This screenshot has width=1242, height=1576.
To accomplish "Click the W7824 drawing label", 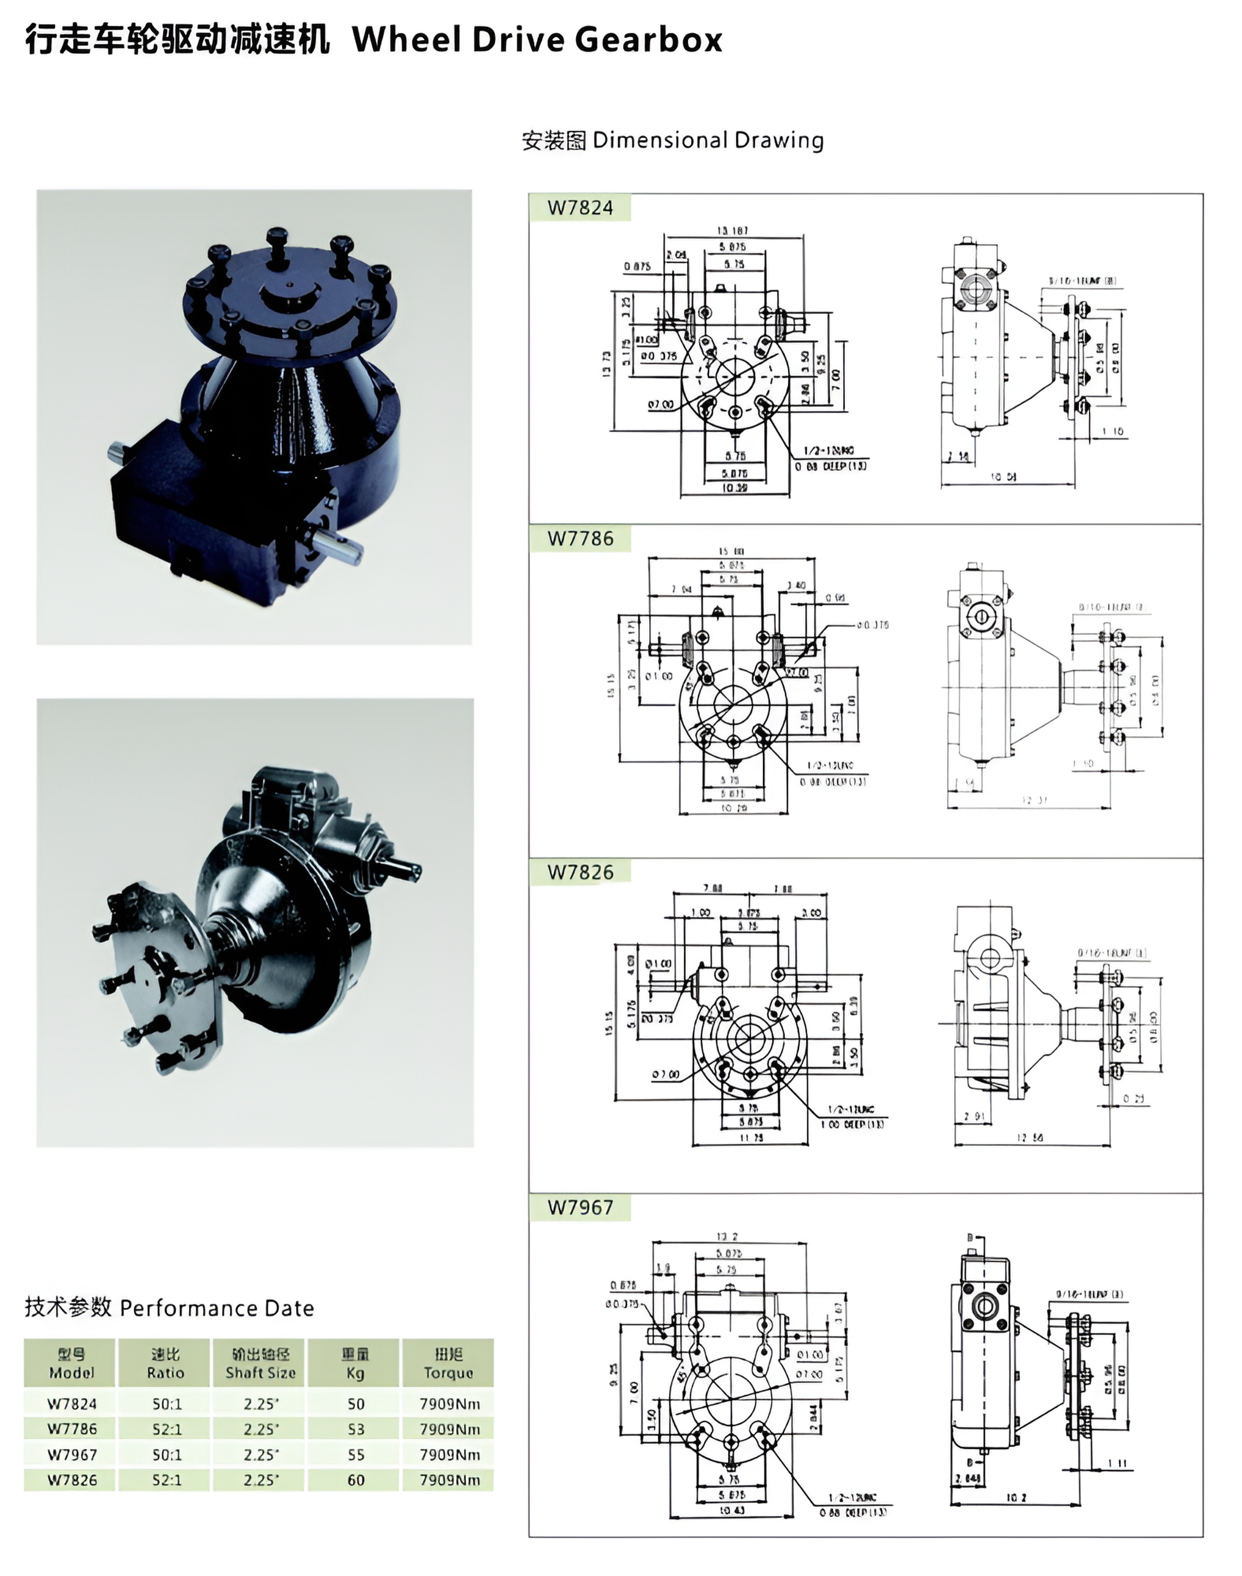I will (580, 208).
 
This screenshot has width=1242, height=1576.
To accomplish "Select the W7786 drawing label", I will (580, 539).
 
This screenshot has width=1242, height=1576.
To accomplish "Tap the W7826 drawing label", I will (580, 872).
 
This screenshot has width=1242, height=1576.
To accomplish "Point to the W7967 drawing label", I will (580, 1207).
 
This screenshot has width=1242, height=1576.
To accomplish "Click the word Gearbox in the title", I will (649, 39).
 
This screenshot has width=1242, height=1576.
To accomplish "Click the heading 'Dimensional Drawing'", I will (707, 140).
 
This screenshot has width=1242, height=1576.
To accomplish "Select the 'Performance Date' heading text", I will (217, 1308).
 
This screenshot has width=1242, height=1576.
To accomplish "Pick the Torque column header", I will (448, 1363).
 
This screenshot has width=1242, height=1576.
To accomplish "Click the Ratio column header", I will (165, 1363).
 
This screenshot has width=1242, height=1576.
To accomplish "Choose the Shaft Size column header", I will (260, 1363).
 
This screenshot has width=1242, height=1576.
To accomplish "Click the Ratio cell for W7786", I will (166, 1429).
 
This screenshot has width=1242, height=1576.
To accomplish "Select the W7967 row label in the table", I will (71, 1454).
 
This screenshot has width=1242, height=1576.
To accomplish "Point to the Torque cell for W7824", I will (449, 1404).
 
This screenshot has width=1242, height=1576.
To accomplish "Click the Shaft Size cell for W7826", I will (260, 1480).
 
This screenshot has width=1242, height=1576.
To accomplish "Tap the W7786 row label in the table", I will (71, 1429).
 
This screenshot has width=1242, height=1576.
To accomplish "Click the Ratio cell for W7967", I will (166, 1454).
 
